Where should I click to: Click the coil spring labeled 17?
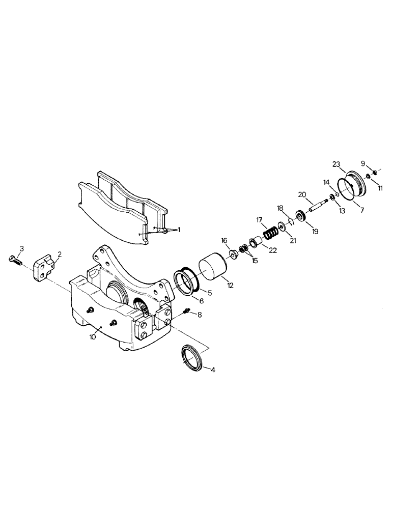coord(272,235)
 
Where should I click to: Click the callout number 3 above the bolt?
coord(22,248)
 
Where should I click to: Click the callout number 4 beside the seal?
coord(213,370)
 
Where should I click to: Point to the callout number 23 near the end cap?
coord(336,164)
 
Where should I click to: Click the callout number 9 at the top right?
coord(363,163)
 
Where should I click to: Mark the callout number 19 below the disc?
coord(315,231)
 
